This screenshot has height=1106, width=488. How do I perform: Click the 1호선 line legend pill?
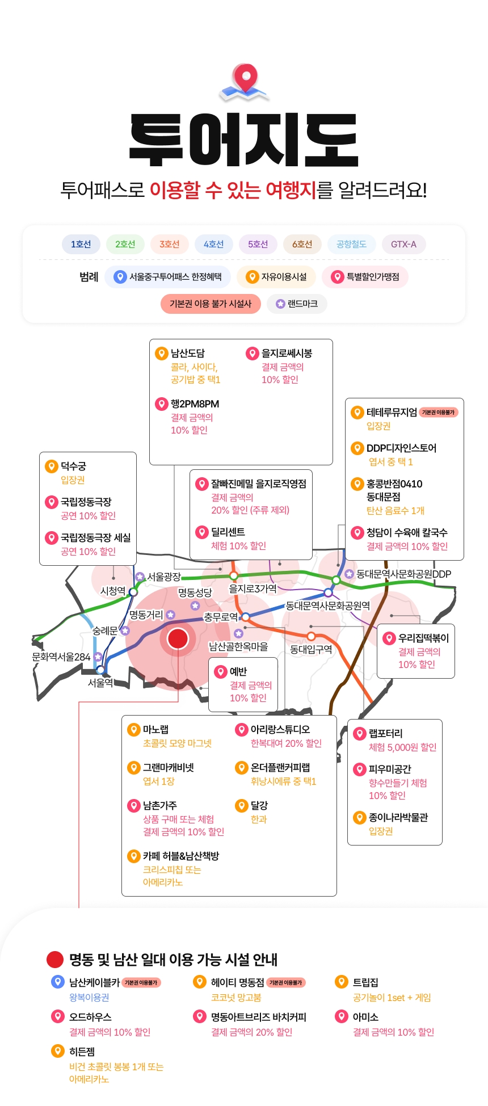(81, 244)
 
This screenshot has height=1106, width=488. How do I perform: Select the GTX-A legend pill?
(403, 244)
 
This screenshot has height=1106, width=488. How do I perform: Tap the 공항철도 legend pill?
(351, 244)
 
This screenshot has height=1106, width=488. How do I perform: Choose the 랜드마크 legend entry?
(297, 304)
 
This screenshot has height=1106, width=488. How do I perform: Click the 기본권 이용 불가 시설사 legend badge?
(211, 304)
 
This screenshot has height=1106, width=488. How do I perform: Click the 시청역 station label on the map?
(113, 591)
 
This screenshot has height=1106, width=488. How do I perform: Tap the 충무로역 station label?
(221, 617)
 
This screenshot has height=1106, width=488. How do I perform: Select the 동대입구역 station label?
(311, 649)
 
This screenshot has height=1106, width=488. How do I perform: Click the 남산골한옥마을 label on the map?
(238, 646)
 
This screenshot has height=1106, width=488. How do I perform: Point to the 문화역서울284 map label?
(61, 657)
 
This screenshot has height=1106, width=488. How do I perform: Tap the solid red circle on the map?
(178, 638)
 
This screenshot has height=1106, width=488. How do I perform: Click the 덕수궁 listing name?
(74, 466)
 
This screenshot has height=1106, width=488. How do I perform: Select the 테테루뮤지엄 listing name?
(392, 412)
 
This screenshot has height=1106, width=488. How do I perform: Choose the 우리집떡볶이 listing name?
(423, 638)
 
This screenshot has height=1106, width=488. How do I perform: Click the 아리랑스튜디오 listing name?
(280, 729)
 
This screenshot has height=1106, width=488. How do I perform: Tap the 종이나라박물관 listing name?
(398, 817)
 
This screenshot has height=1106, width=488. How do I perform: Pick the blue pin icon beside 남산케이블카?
(57, 981)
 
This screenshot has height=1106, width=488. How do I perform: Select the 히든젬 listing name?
(82, 1052)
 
